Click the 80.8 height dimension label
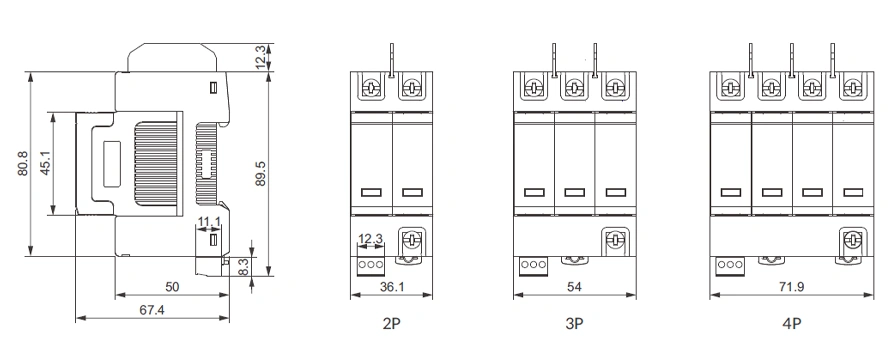click(x=23, y=163)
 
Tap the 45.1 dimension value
click(x=46, y=163)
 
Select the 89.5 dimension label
click(x=260, y=173)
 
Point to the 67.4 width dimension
click(x=152, y=310)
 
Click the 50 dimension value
click(x=171, y=287)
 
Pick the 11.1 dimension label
click(x=209, y=222)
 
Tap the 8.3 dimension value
click(x=242, y=267)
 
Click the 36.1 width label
click(x=392, y=287)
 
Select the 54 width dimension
click(x=574, y=287)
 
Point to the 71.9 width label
click(x=792, y=287)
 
